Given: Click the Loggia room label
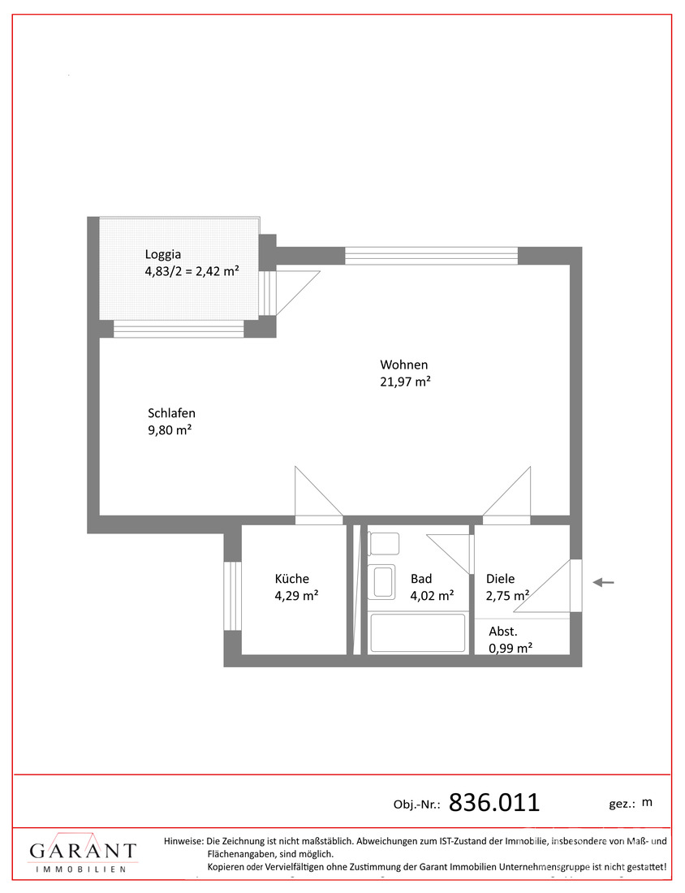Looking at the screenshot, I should click(x=164, y=252).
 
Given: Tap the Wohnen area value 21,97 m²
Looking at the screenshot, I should click(x=405, y=382).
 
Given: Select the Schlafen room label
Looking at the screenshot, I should click(x=171, y=412).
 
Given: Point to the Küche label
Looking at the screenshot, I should click(x=292, y=579).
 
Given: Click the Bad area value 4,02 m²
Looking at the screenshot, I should click(x=432, y=596).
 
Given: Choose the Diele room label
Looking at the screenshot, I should click(x=501, y=579).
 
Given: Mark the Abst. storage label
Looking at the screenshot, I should click(x=503, y=631).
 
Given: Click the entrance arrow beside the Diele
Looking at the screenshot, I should click(x=603, y=582).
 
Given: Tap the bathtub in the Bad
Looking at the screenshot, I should click(x=417, y=633).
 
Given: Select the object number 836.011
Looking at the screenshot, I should click(x=494, y=803).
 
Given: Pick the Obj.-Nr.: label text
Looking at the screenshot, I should click(x=417, y=805).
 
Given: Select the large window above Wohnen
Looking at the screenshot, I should click(x=431, y=256).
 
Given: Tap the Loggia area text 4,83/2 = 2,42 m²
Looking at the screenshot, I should click(x=192, y=270).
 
